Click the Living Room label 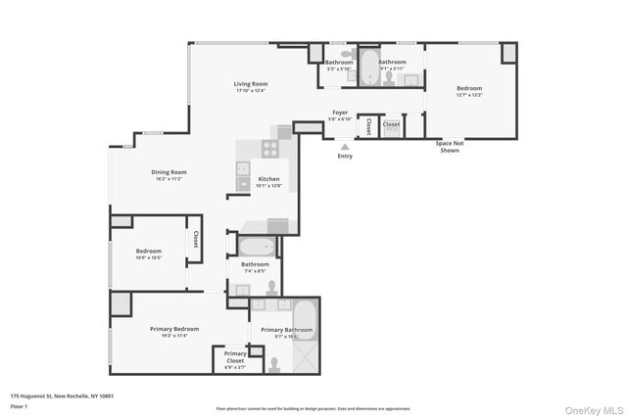coord(251,84)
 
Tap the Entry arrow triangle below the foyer coord(345,146)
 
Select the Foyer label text coord(340,113)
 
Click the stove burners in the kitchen coord(269,149)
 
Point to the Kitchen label coord(268,179)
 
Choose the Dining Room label coord(169,172)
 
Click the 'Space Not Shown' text coord(450,148)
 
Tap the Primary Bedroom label coord(173,329)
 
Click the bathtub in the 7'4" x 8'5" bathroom coord(256,246)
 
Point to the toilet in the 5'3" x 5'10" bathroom coord(344,56)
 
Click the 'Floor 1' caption coord(18,405)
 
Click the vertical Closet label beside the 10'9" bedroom coord(195,240)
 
